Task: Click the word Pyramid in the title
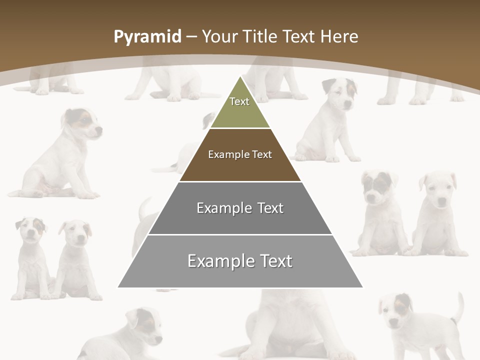(x=147, y=37)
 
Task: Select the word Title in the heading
(x=260, y=36)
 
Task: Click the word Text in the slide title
(x=299, y=36)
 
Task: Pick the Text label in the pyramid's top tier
(x=239, y=101)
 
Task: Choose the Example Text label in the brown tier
(x=240, y=154)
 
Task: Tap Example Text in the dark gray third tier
(x=240, y=208)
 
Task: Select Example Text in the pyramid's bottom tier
(x=240, y=261)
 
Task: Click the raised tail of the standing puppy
(x=458, y=306)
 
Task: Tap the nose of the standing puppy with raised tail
(x=393, y=322)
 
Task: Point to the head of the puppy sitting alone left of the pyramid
(x=82, y=124)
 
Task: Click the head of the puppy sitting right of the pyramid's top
(x=340, y=92)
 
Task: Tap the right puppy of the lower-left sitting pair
(x=75, y=257)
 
